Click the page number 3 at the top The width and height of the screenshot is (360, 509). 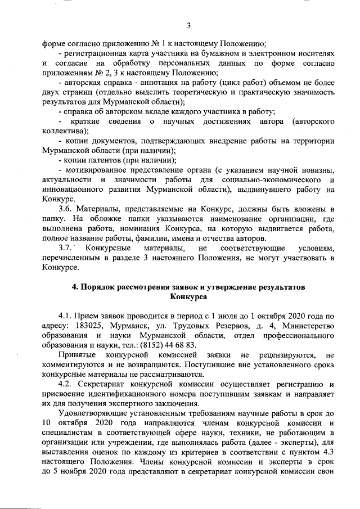189,25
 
